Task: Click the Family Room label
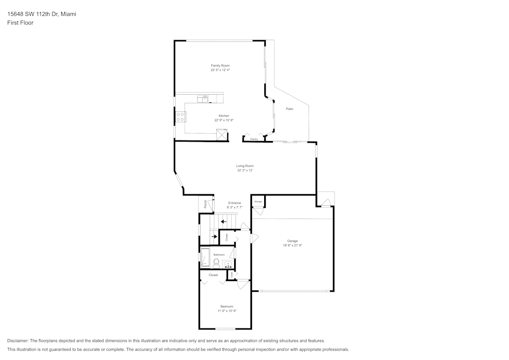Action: [220, 66]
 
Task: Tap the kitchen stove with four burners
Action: [181, 117]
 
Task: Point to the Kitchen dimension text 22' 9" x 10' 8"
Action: [224, 120]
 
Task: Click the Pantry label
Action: [254, 139]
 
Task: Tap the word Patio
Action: [289, 109]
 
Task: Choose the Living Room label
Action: [245, 166]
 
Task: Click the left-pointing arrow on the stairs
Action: [224, 221]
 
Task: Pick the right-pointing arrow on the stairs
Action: [214, 236]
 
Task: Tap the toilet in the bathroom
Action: [216, 263]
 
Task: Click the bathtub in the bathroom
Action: [205, 258]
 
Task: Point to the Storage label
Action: [258, 202]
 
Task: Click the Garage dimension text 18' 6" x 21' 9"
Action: [292, 245]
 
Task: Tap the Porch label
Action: [205, 204]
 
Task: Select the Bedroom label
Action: [227, 306]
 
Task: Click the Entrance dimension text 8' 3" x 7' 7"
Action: [235, 207]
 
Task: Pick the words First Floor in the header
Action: [20, 23]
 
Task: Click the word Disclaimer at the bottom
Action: [18, 341]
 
